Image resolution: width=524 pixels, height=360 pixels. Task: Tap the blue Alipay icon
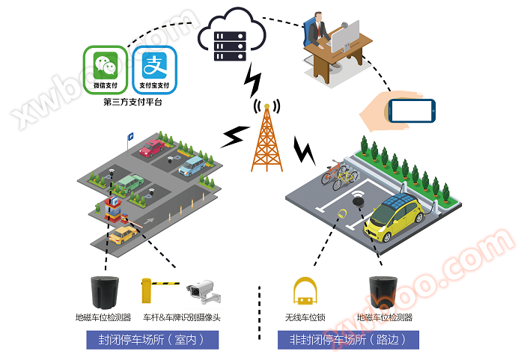tap(154, 70)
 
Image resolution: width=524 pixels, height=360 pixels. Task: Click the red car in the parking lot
tap(152, 147)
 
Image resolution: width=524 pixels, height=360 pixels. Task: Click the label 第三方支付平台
tap(132, 101)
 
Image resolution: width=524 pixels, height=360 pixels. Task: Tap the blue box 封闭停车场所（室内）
tap(152, 339)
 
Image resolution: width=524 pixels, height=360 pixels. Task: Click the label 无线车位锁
tap(305, 317)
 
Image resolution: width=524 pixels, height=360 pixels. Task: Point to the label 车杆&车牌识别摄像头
tap(182, 317)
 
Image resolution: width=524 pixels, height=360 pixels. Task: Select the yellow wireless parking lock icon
tap(305, 291)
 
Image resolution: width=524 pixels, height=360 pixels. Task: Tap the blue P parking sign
tap(130, 136)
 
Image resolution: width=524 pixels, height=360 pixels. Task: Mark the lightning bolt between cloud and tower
tap(253, 79)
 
